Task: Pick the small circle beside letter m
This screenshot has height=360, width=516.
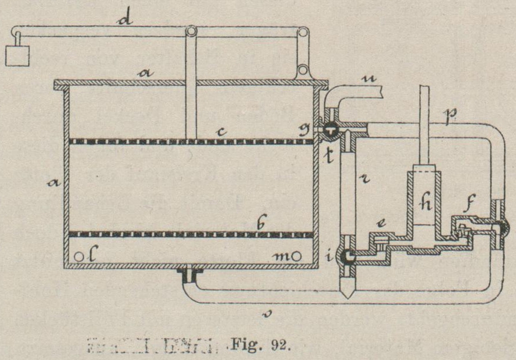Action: (x=299, y=255)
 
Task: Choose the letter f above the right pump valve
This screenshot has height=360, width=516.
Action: (x=469, y=204)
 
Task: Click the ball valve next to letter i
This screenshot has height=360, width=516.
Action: (x=349, y=257)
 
